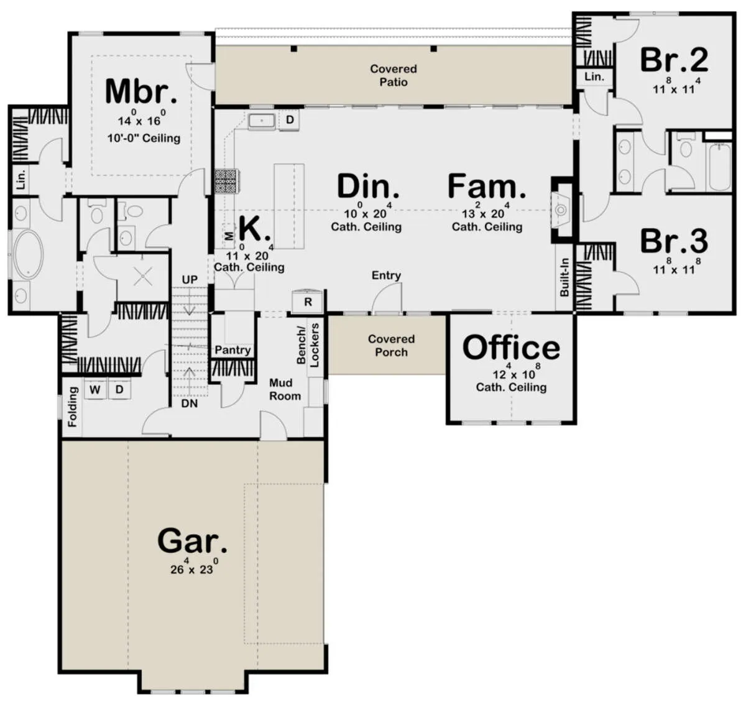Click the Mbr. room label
point(141,91)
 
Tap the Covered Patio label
point(394,75)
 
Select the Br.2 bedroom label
point(675,60)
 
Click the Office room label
point(511,348)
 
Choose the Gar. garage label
point(192,541)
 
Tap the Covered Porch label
point(391,345)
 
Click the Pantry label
point(233,350)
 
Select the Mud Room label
point(285,389)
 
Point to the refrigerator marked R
point(308,301)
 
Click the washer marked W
point(95,389)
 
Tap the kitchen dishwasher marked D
point(290,119)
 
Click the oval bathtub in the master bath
point(28,255)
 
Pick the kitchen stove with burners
point(227,182)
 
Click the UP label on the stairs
point(190,280)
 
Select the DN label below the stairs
point(190,404)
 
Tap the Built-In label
point(564,277)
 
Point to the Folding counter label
point(72,407)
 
